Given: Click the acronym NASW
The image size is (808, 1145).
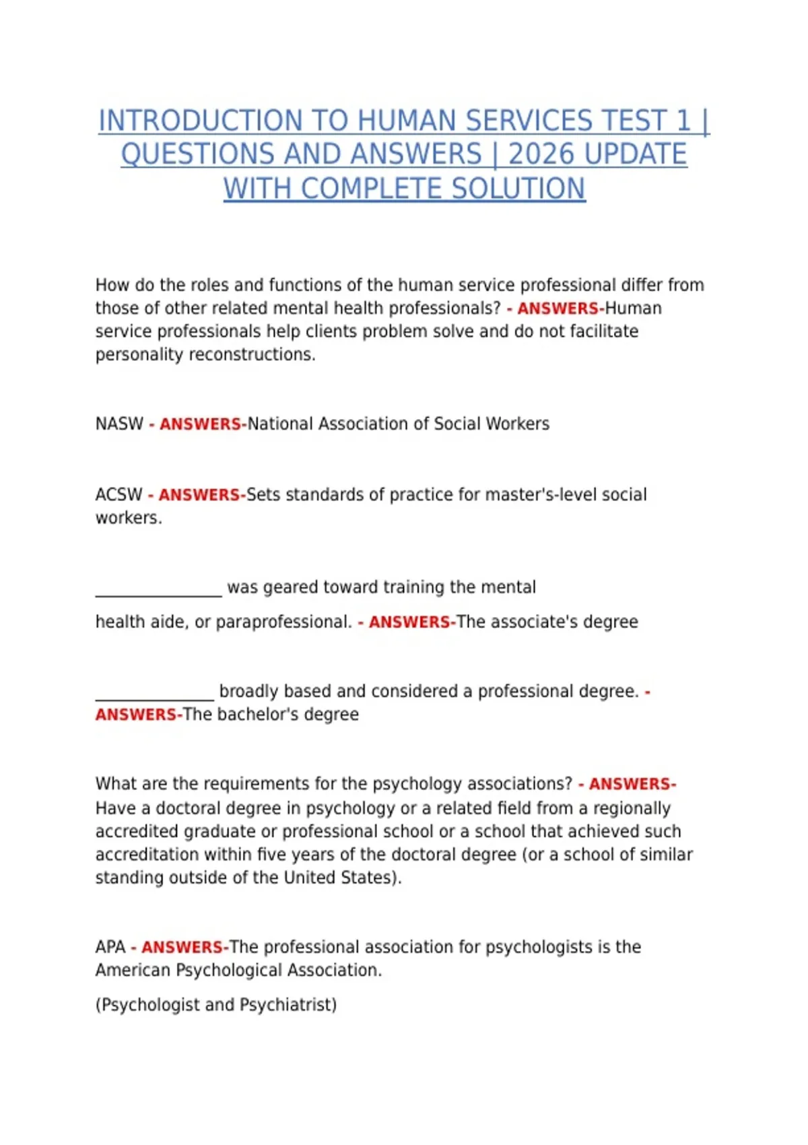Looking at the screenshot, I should [x=119, y=424].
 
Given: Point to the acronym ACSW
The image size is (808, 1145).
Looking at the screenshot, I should [x=119, y=494].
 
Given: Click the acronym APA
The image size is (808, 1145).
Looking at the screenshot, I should [x=110, y=947].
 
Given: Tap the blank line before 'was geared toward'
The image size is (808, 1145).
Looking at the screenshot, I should [x=158, y=589].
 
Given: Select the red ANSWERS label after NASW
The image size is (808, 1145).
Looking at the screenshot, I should [x=200, y=424].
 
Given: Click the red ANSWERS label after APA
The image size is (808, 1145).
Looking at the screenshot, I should [x=182, y=948].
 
